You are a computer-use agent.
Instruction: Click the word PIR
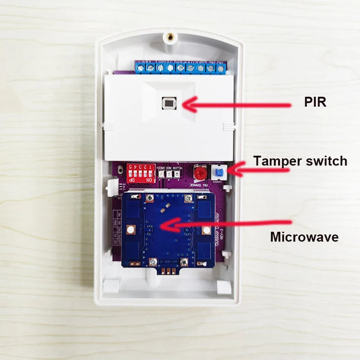tap(316, 102)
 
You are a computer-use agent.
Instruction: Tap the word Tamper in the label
tap(276, 161)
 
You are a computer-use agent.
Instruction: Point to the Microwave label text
tap(304, 237)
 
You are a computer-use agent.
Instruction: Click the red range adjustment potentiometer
tap(200, 172)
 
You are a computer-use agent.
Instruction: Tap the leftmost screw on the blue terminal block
tap(141, 68)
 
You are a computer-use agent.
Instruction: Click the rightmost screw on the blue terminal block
tap(220, 68)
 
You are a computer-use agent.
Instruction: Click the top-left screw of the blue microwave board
tap(149, 199)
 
